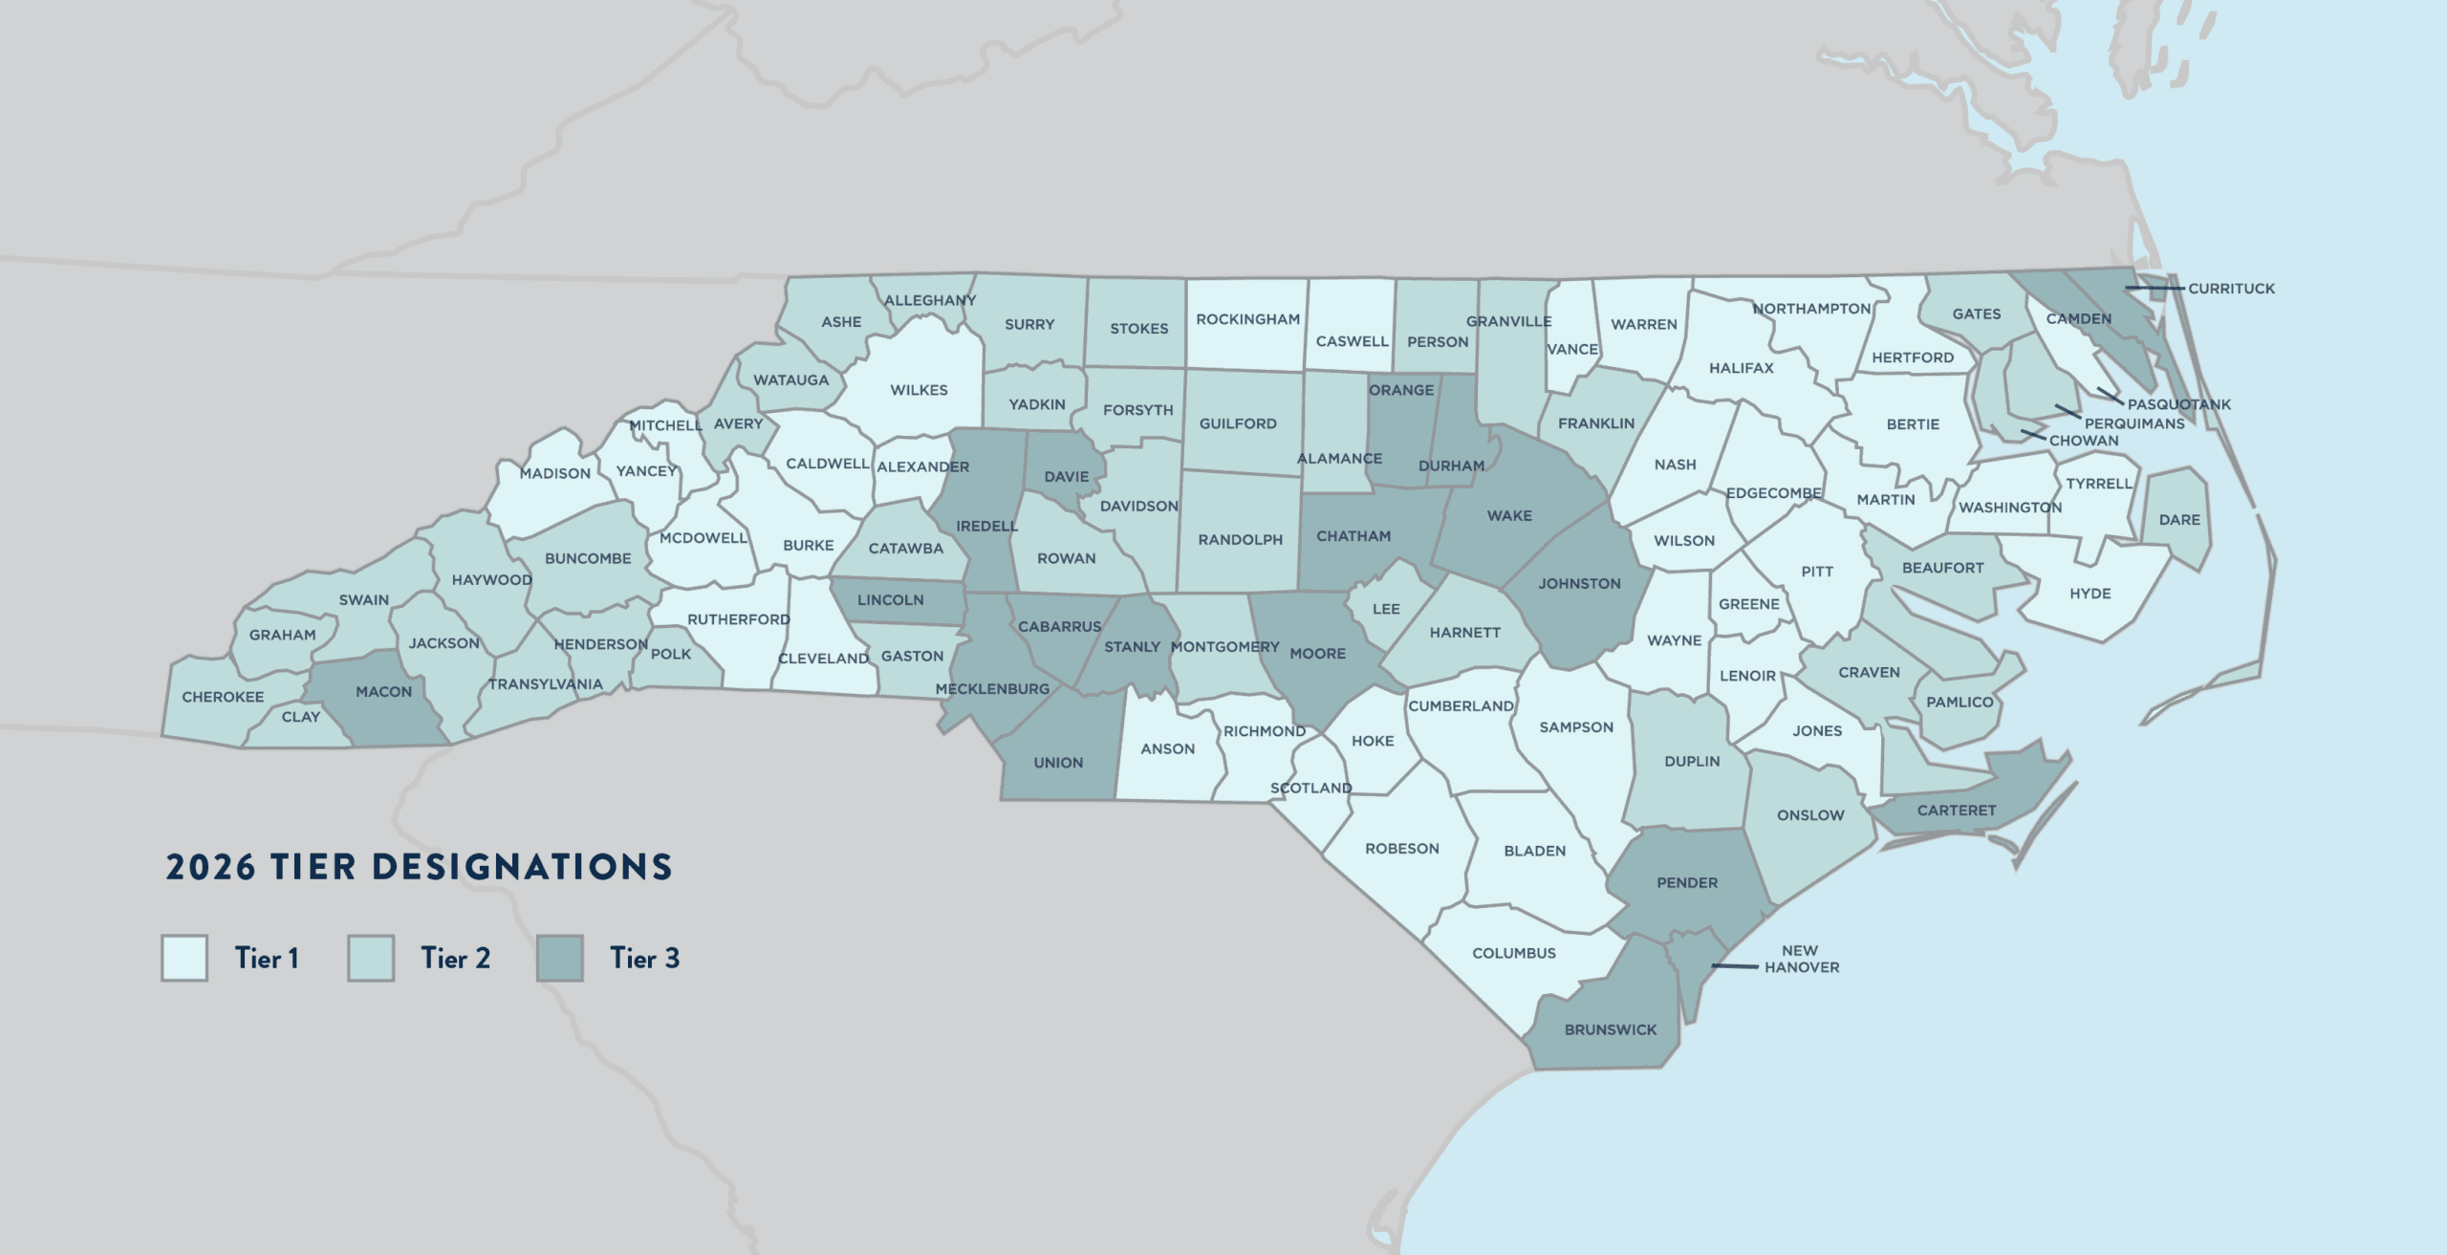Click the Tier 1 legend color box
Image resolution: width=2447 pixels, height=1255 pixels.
[x=184, y=958]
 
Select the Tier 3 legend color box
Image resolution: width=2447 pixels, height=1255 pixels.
[x=559, y=958]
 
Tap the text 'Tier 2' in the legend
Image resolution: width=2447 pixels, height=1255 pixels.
[x=455, y=958]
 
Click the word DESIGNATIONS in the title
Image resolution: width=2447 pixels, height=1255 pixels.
[x=522, y=867]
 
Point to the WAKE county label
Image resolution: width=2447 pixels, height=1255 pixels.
[x=1509, y=516]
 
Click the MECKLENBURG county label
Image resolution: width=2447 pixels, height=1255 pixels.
[x=992, y=689]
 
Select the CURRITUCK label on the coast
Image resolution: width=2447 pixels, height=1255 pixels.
[x=2231, y=289]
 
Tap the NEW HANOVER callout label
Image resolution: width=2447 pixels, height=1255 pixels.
[x=1801, y=959]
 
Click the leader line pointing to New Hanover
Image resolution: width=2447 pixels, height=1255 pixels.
[x=1734, y=966]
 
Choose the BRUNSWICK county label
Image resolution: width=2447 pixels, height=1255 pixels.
[x=1611, y=1030]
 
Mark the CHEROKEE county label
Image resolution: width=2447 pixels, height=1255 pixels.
[x=223, y=697]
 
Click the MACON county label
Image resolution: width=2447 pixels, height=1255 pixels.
[x=383, y=692]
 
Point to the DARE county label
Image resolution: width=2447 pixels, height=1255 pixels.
[x=2179, y=520]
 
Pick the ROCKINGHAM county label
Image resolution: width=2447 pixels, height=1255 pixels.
[x=1247, y=319]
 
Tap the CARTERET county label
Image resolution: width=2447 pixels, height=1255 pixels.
[x=1957, y=811]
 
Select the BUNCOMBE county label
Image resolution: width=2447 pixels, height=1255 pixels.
[x=588, y=558]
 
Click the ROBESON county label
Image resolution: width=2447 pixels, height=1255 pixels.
[x=1401, y=849]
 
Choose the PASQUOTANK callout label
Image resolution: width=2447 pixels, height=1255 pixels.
[x=2178, y=404]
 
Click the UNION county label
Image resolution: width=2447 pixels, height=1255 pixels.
[x=1058, y=763]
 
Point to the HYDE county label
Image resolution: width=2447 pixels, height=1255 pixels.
[x=2090, y=594]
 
